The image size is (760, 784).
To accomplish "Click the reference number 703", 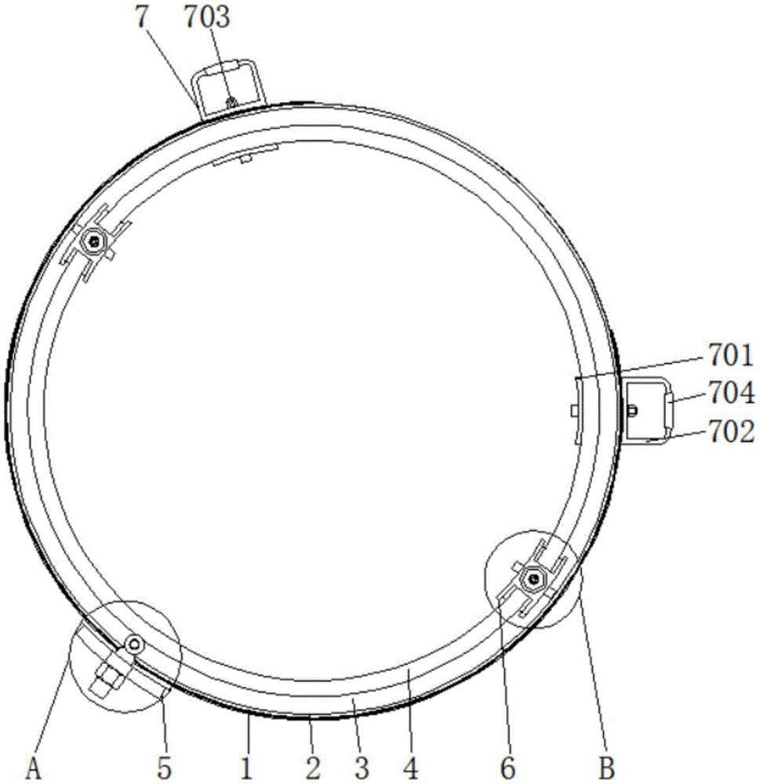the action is coord(206,17).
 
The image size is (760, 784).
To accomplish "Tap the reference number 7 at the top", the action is coord(143,17).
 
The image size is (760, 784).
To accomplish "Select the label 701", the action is coord(730,355).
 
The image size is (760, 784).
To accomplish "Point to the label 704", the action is coord(730,393).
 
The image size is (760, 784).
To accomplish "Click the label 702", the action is coord(730,431).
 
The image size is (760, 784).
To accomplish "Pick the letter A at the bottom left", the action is coord(33,768).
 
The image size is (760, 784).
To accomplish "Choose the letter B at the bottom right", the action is coord(606,768).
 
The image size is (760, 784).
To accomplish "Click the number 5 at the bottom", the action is coord(164,768).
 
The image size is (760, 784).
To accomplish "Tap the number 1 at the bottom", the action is coord(246,768).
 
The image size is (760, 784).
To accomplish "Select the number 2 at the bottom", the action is coord(313,768).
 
